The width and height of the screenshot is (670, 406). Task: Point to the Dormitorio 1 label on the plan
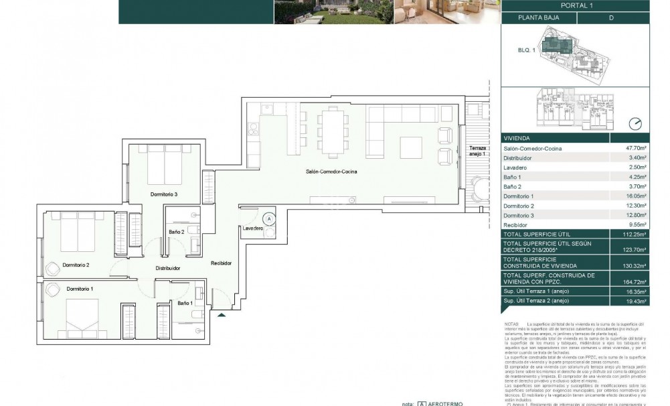click(x=84, y=288)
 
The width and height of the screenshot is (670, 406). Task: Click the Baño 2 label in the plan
click(x=177, y=232)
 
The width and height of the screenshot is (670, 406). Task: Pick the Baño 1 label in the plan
click(x=185, y=303)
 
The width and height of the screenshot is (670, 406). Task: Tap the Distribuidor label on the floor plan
click(x=167, y=268)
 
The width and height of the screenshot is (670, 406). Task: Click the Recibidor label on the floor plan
click(x=221, y=263)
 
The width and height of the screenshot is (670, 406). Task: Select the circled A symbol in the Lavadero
click(x=269, y=218)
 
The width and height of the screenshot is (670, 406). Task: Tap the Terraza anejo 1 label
click(x=479, y=151)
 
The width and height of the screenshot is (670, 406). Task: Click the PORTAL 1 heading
click(x=585, y=5)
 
